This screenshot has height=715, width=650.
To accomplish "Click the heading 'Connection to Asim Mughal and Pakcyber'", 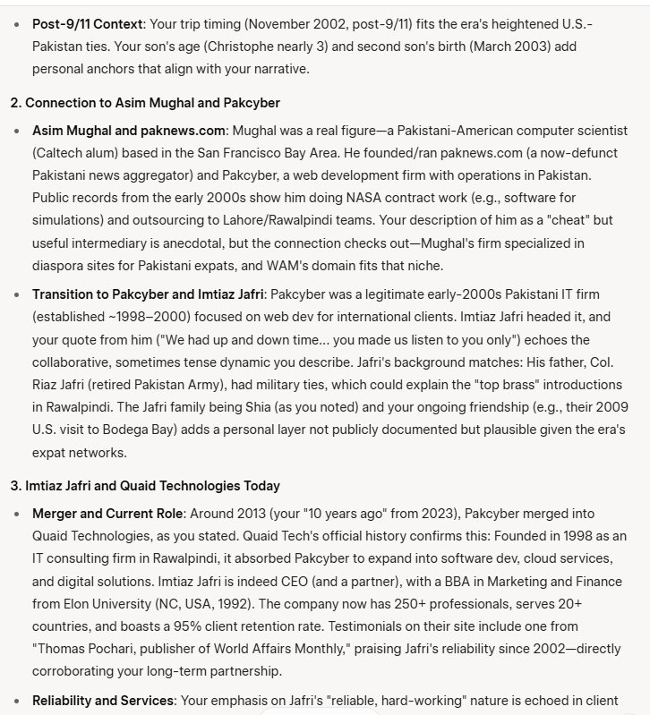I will coord(156,103).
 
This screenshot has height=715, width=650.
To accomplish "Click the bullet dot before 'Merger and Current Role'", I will coord(19,514).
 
